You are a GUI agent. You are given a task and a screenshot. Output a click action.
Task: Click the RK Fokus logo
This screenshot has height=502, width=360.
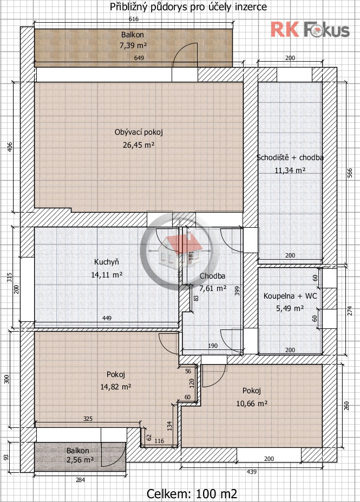click(x=310, y=29)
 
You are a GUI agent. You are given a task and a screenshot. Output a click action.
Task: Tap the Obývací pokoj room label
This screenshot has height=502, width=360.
click(x=139, y=132)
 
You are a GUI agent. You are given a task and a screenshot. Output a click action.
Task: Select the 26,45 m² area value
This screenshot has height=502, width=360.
click(x=139, y=145)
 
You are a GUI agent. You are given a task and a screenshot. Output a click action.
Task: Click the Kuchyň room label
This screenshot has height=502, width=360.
click(x=106, y=262)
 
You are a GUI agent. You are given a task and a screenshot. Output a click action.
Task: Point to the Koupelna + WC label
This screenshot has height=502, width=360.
click(x=290, y=296)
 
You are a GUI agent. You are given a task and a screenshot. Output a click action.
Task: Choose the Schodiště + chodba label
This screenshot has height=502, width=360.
click(x=290, y=157)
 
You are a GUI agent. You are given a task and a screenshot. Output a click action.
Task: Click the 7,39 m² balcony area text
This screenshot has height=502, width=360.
click(x=133, y=45)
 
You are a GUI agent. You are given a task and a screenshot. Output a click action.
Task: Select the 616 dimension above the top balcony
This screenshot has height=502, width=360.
click(x=134, y=19)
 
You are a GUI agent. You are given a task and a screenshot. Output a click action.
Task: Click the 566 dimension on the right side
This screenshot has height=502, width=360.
click(x=350, y=173)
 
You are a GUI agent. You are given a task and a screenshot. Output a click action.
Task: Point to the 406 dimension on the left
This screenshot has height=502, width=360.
click(x=10, y=147)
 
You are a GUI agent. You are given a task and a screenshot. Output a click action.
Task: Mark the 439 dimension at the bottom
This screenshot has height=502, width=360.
click(x=252, y=472)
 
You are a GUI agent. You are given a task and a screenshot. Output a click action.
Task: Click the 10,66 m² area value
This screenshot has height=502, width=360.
click(x=252, y=404)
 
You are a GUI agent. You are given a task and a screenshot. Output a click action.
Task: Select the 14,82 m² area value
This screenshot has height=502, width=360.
click(x=116, y=387)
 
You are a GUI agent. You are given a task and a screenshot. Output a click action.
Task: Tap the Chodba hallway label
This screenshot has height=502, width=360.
click(x=212, y=276)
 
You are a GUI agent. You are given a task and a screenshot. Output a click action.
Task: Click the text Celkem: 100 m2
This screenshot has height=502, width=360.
click(x=192, y=494)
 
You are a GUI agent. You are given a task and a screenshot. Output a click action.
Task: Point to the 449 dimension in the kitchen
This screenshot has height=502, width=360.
click(x=107, y=318)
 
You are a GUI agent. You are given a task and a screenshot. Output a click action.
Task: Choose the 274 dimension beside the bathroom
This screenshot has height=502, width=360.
click(x=350, y=311)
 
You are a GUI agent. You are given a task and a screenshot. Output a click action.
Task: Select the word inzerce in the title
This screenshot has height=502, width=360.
click(x=251, y=6)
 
